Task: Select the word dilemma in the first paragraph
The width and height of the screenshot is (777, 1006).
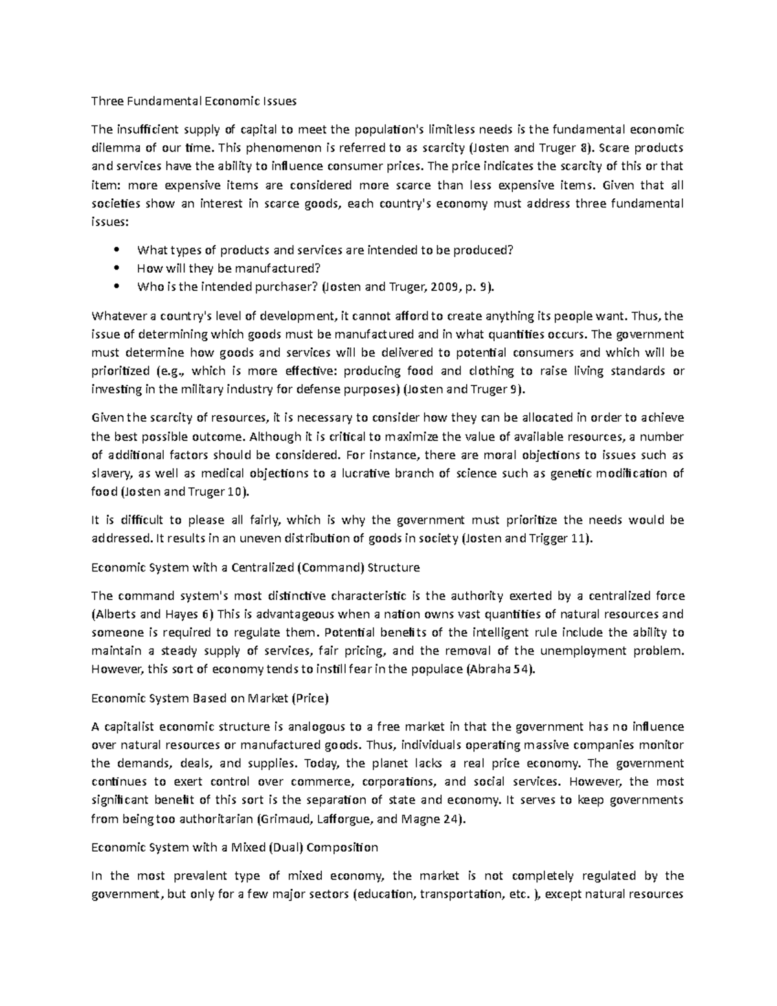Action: coord(114,148)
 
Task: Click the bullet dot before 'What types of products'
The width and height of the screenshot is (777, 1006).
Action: coord(117,250)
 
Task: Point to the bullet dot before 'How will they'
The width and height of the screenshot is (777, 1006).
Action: coord(117,268)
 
